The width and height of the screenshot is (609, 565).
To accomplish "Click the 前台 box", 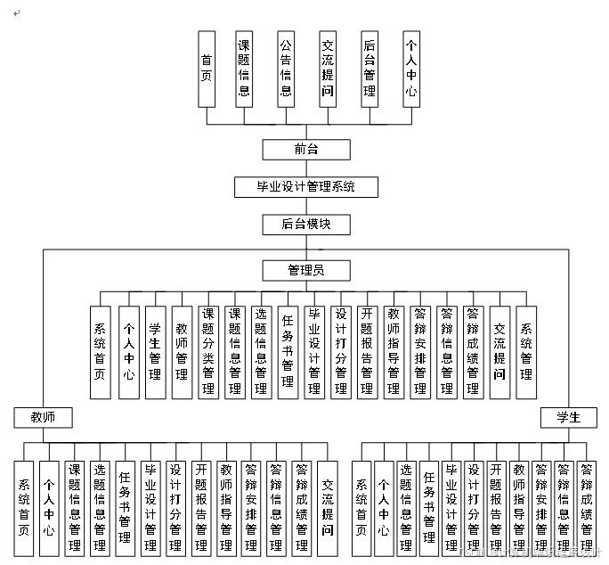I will click(305, 149).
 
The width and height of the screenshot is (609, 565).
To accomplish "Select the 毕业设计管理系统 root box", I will click(305, 187).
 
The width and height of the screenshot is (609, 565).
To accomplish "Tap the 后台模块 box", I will click(305, 225).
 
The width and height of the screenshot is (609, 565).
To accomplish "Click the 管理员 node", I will click(305, 270).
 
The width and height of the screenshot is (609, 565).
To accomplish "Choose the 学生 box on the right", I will click(569, 417).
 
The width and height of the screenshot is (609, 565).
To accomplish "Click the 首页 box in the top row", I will click(207, 69).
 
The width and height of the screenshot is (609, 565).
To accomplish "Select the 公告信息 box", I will click(286, 69).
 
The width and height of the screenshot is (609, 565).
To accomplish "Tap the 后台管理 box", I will click(369, 69).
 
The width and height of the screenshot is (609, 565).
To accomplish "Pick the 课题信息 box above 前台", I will click(244, 69).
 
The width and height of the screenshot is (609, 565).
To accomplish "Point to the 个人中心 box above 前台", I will click(410, 69).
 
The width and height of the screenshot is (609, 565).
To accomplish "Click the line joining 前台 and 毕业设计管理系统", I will click(305, 168).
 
